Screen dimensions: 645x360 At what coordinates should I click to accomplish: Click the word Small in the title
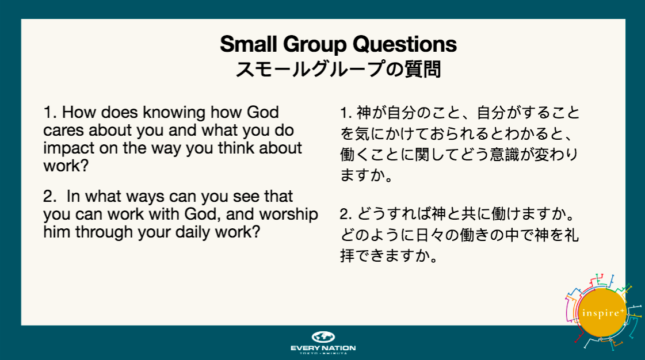click(249, 44)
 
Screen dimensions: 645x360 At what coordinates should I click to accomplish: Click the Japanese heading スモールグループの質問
click(338, 68)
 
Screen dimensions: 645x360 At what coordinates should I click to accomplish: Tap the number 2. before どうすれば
click(346, 214)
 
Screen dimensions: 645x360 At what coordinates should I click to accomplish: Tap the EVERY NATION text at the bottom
click(323, 348)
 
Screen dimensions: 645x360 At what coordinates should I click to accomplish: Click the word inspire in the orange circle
click(601, 313)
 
